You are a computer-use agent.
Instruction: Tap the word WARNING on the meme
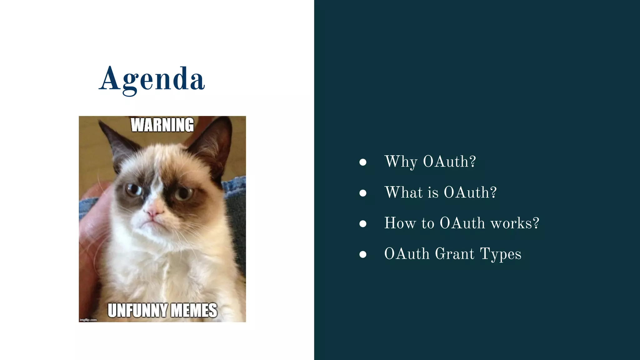[162, 125]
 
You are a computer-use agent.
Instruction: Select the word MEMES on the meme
[194, 310]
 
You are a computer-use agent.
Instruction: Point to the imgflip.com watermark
[88, 320]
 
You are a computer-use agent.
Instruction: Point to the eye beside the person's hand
[134, 189]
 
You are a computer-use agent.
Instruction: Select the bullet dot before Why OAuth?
[363, 162]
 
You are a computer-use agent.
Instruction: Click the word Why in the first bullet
[401, 162]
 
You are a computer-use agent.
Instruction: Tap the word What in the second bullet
[403, 192]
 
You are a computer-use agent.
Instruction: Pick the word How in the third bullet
[400, 223]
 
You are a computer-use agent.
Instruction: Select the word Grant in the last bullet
[455, 254]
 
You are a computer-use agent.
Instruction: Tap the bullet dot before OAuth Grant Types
[363, 254]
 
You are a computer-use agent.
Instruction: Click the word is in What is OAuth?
[433, 192]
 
